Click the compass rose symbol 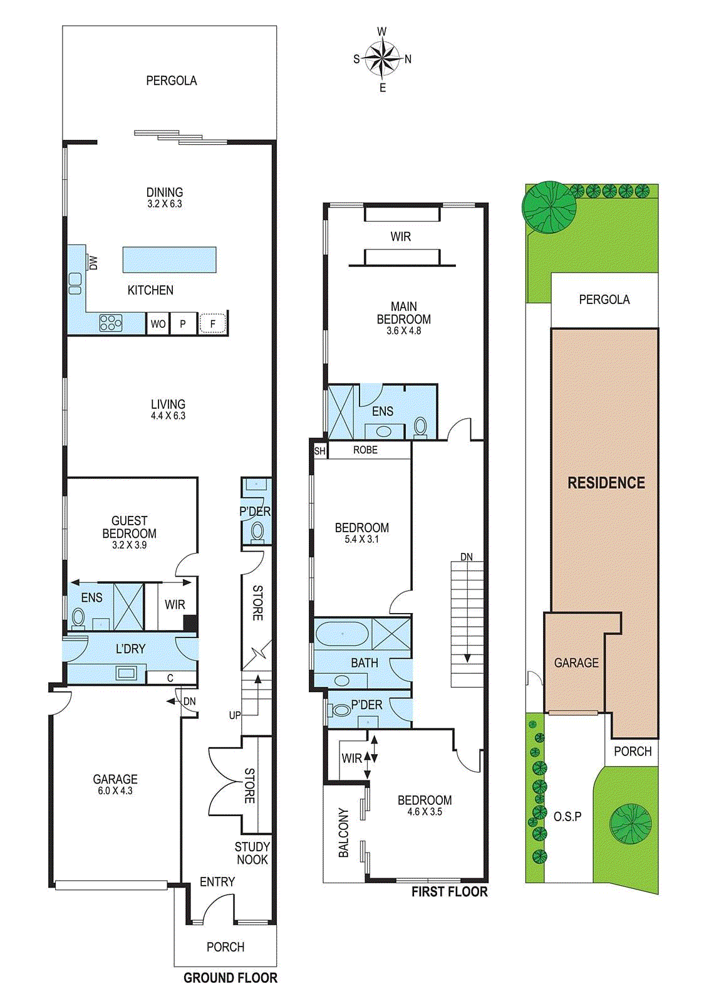click(382, 59)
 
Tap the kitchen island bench click(169, 260)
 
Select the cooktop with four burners click(111, 323)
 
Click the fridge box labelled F click(212, 324)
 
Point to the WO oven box click(158, 324)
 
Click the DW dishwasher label click(93, 263)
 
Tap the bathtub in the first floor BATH click(342, 634)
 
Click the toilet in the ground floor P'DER click(257, 532)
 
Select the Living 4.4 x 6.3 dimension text click(168, 416)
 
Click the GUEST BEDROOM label click(129, 527)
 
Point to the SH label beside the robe click(319, 451)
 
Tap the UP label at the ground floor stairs click(234, 715)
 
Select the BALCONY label click(343, 832)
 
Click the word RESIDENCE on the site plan click(606, 483)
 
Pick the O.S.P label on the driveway click(567, 816)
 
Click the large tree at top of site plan click(549, 207)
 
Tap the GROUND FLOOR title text click(230, 978)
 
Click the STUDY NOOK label click(252, 853)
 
